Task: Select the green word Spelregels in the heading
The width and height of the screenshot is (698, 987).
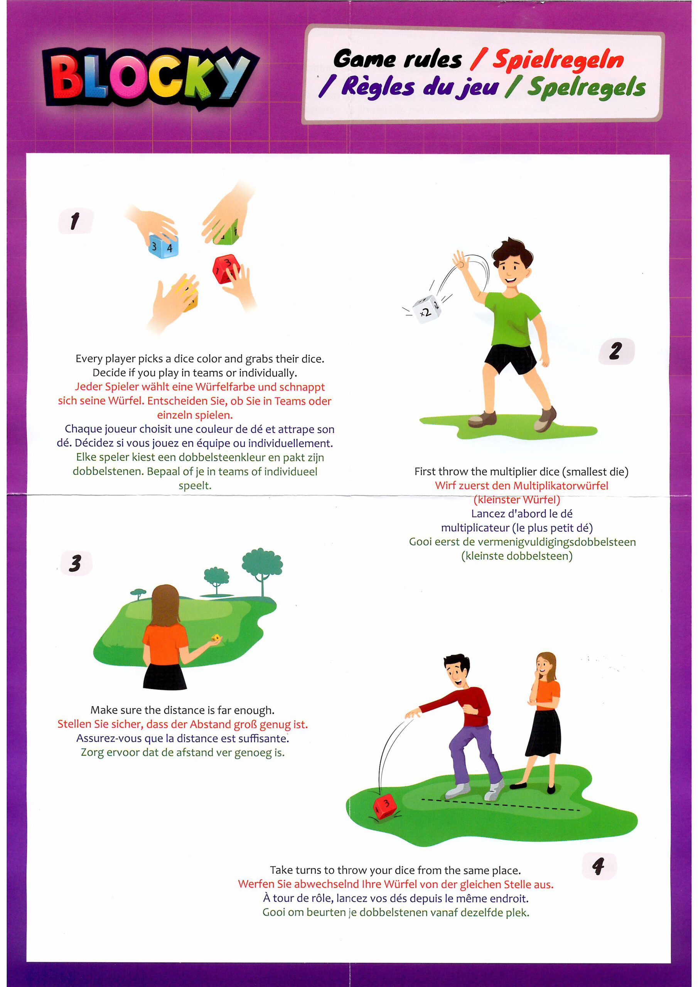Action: point(587,88)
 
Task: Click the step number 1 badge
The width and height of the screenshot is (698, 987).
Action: point(76,221)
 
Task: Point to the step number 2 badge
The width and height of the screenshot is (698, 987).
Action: point(616,351)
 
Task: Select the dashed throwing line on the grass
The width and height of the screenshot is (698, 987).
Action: point(501,805)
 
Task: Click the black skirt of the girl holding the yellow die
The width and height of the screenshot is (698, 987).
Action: point(165,677)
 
